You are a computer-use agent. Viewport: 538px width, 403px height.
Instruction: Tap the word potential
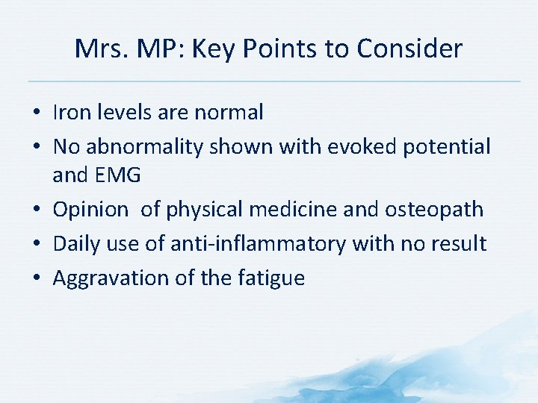447,147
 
